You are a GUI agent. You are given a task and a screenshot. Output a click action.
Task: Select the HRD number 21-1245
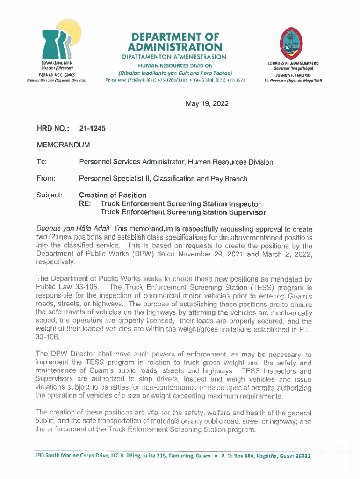click(92, 128)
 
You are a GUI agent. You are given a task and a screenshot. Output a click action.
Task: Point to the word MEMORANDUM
click(64, 145)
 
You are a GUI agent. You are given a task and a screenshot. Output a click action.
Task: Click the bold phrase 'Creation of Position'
click(113, 195)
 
